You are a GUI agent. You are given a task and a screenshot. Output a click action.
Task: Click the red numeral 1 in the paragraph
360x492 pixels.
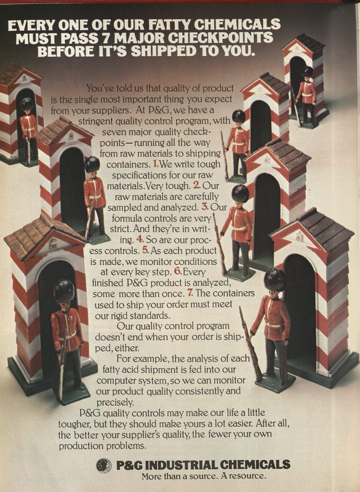coord(156,163)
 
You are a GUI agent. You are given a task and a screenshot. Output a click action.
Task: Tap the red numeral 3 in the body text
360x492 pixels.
coord(205,207)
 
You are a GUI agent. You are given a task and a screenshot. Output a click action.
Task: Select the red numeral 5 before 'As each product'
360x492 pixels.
coord(145,250)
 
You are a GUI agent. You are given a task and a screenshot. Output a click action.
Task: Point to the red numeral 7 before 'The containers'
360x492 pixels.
coord(190,293)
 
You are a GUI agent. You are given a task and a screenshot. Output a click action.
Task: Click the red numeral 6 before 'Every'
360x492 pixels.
coord(178,271)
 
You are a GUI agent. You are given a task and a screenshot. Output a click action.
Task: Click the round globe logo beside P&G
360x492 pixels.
coord(104,466)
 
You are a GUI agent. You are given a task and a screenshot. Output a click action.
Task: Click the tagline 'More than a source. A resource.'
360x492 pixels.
coord(203,476)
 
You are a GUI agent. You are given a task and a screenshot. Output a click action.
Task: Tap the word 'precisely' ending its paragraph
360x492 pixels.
coord(115,402)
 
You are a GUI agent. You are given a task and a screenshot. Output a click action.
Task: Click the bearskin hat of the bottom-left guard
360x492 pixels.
coord(64,291)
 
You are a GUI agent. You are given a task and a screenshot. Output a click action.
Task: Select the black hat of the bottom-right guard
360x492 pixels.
coord(274,279)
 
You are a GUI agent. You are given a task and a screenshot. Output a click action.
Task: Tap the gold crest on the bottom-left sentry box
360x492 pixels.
coord(53,244)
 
